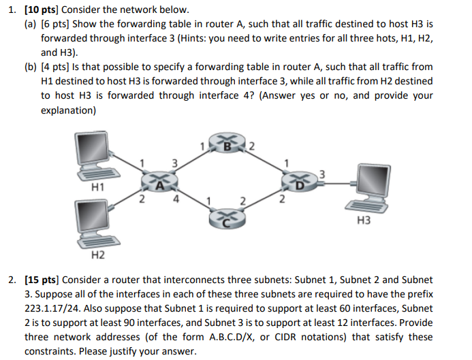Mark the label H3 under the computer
(366, 221)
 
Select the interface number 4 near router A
(176, 199)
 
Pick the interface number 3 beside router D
(321, 171)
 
